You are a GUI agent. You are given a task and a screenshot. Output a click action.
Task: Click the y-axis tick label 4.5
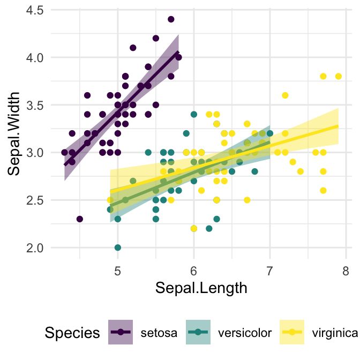(x=35, y=10)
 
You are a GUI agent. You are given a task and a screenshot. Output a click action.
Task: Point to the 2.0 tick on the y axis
(x=35, y=248)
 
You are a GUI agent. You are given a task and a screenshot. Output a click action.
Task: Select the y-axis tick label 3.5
(x=35, y=105)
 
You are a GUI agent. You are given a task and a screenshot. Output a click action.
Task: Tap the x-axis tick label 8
(x=346, y=272)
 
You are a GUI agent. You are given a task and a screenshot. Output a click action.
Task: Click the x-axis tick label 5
(x=117, y=272)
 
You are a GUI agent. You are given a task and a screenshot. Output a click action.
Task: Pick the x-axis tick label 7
(x=269, y=272)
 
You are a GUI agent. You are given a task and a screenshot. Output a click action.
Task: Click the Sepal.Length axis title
(x=201, y=288)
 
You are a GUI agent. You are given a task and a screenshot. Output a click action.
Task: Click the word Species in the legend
(x=72, y=333)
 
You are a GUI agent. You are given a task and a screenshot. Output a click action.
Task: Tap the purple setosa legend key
(x=121, y=333)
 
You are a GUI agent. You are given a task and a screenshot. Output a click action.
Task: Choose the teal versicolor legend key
(x=199, y=333)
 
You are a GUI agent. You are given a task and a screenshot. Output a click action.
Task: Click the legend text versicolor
(x=245, y=333)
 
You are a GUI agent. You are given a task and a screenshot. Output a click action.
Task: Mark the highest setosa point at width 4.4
(x=171, y=19)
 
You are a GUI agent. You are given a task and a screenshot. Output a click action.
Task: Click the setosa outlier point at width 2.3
(x=79, y=219)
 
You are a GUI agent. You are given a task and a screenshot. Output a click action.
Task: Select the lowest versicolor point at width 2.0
(x=117, y=247)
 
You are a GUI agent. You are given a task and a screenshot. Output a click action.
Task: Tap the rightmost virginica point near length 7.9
(x=338, y=77)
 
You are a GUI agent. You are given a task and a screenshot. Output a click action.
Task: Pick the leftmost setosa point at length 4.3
(x=64, y=152)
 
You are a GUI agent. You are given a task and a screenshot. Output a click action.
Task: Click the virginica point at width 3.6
(x=285, y=95)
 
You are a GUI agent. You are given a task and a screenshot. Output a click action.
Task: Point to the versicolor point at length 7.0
(x=269, y=133)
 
